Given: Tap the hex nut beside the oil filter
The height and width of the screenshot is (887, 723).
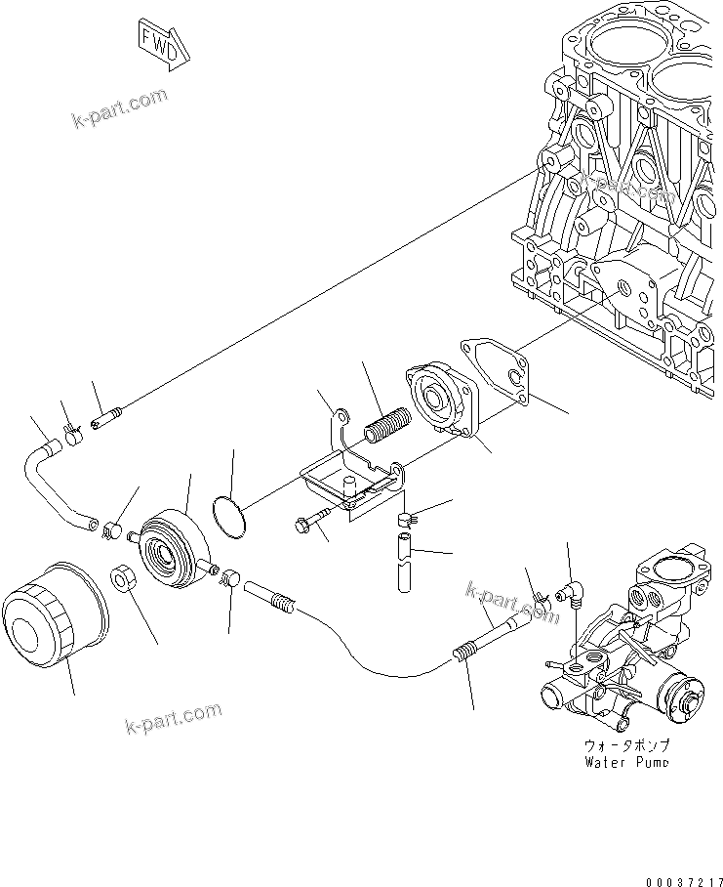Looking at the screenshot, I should point(123,578).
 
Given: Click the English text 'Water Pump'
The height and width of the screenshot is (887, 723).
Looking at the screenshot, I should point(625,761).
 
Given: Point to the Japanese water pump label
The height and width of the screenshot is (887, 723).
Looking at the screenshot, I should point(625,744).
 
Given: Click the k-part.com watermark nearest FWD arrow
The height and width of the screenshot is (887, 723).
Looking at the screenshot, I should point(120,107).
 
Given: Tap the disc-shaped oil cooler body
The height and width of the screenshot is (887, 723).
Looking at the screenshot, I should point(172,553).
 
